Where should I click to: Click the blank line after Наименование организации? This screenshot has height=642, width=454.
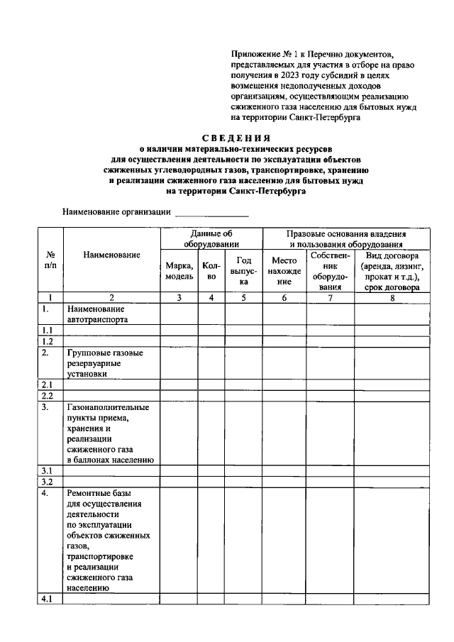pos(212,212)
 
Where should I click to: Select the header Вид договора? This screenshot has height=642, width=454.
pos(392,271)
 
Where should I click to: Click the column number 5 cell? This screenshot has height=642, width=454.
pos(243,298)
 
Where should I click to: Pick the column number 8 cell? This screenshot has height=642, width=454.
pos(392,298)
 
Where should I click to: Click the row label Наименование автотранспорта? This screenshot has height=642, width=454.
pos(96,314)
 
